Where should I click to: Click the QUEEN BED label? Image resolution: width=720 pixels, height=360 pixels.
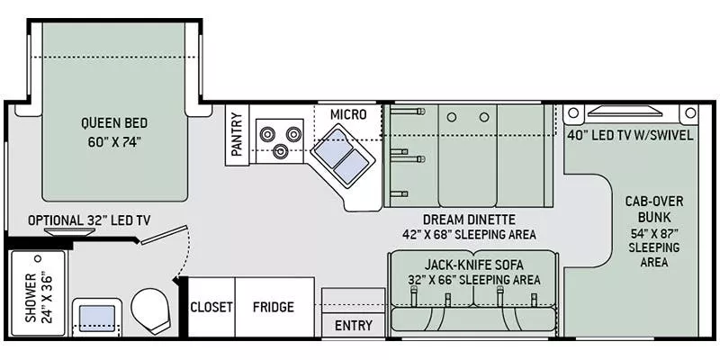[114, 123]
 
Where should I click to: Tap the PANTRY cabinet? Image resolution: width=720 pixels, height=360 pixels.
[237, 135]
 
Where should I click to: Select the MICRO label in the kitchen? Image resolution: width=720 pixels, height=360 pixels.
[348, 114]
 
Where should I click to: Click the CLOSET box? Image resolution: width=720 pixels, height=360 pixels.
[211, 307]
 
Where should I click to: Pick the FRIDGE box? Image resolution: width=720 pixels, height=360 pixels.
[274, 307]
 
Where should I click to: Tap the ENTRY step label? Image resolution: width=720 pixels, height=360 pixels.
[353, 326]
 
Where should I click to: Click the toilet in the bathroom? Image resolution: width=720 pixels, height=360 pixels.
[150, 310]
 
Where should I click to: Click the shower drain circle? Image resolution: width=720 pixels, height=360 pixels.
[38, 258]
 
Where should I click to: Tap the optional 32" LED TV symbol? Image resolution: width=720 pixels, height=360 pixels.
[70, 231]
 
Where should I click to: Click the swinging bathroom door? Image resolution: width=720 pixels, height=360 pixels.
[164, 235]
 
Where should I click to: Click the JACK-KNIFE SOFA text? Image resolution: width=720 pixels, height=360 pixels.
[474, 265]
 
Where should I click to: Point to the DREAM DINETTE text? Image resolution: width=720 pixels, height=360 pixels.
[469, 219]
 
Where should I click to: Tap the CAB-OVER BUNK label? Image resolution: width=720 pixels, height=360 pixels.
[654, 209]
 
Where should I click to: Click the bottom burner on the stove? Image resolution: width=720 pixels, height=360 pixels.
[280, 151]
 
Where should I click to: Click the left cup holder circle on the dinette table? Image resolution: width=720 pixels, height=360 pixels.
[452, 117]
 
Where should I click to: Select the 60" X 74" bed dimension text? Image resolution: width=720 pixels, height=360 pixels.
[114, 141]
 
